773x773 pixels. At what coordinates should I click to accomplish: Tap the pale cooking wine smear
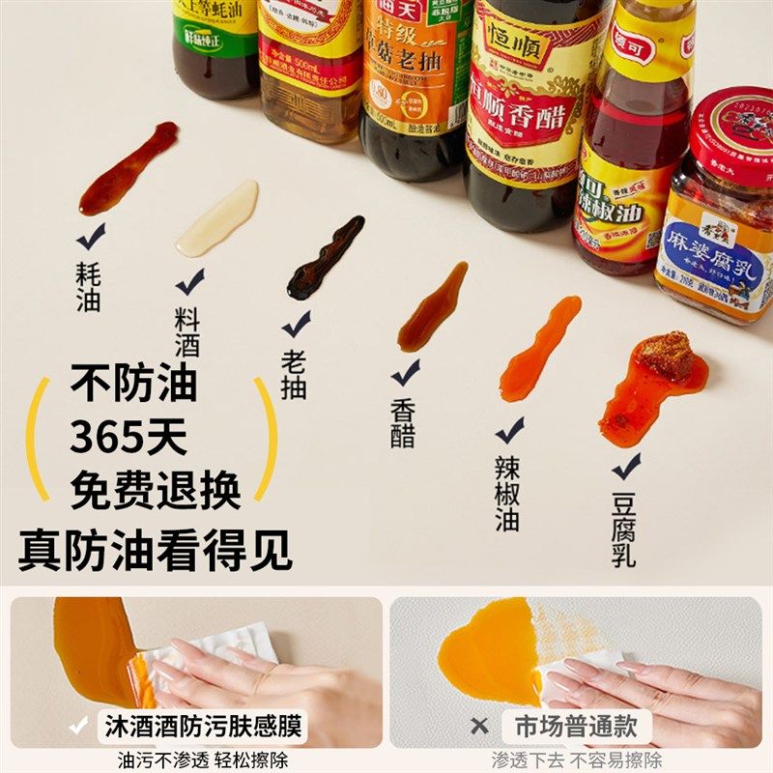[217, 219]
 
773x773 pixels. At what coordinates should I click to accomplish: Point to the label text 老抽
[294, 374]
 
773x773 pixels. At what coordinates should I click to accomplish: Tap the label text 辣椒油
[507, 493]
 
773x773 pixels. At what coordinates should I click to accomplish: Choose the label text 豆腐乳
[623, 530]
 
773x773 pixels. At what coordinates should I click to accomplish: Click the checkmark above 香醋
[405, 372]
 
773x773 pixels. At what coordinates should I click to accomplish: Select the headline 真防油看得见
[155, 550]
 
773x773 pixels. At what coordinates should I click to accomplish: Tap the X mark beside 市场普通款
[480, 725]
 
